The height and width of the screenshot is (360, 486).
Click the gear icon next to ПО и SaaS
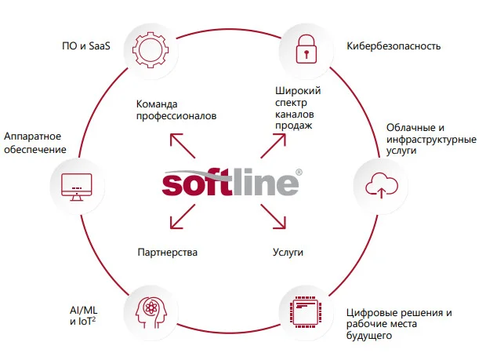[x=151, y=49]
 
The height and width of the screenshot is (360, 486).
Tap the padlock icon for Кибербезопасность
[x=306, y=49]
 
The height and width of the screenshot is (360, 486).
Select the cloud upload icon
[x=382, y=185]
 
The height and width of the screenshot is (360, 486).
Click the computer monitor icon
[x=77, y=187]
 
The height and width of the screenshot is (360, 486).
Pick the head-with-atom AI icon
[x=151, y=312]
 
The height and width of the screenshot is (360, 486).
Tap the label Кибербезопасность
[x=394, y=46]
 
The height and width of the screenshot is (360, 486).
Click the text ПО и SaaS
[x=86, y=46]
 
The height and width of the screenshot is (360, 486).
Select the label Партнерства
[x=168, y=252]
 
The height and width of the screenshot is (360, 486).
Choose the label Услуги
[x=288, y=253]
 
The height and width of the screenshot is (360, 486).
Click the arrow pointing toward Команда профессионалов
[x=183, y=146]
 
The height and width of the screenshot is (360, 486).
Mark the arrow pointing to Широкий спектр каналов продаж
[x=273, y=146]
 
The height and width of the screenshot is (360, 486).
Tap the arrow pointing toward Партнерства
[x=183, y=216]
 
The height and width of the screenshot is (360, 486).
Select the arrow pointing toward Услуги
[x=273, y=216]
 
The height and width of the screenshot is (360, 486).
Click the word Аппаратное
[x=33, y=136]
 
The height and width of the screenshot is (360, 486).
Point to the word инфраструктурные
[x=431, y=140]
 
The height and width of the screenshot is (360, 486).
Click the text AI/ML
[x=84, y=310]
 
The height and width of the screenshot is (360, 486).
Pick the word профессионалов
[x=176, y=116]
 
